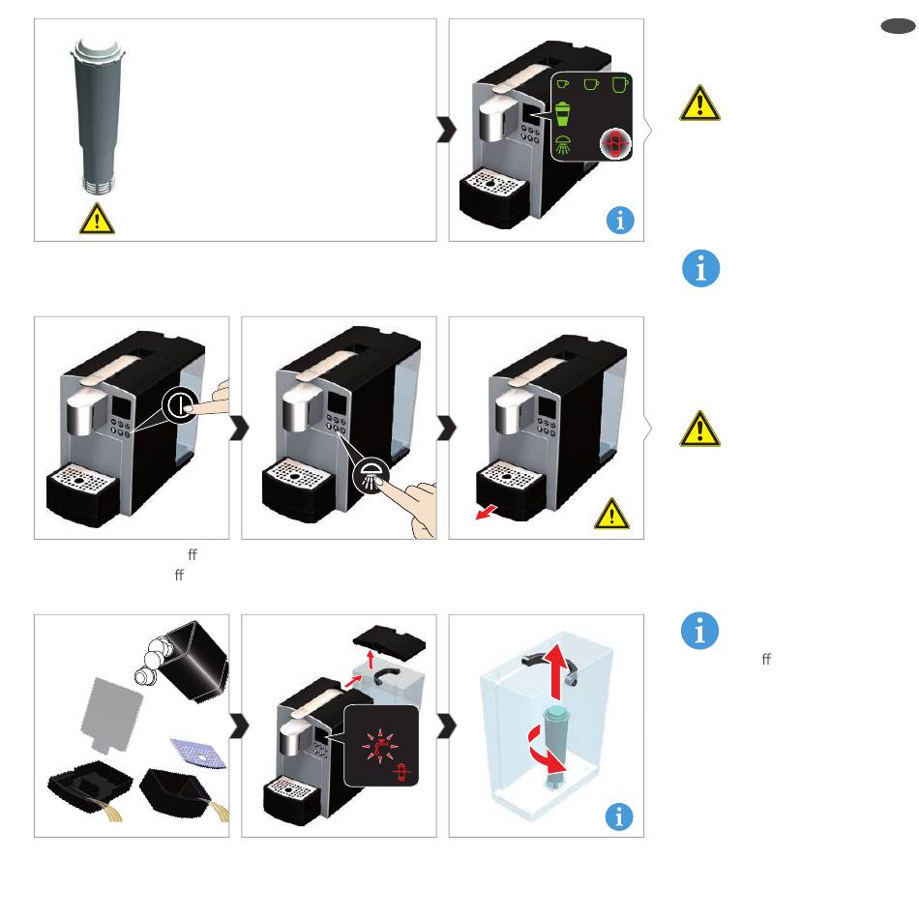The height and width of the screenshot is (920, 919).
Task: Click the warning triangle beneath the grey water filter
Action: pos(97,219)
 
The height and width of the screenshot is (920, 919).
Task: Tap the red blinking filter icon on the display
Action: pos(614,143)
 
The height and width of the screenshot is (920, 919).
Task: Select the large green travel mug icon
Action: pos(562,113)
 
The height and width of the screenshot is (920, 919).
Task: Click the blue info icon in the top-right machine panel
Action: pos(620,221)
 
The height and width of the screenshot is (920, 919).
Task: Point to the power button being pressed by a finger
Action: pos(181,404)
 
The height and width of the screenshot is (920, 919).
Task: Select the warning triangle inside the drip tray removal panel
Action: pos(611,514)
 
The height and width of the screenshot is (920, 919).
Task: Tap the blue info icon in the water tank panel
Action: pos(619,816)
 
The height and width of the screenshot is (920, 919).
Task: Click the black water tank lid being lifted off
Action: pos(389,640)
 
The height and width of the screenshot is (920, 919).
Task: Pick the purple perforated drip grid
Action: pos(198,754)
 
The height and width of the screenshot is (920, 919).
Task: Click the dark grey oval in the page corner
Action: pos(898,26)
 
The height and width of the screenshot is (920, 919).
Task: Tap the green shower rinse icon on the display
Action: pos(562,145)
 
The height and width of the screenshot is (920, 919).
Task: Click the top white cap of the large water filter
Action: pos(100,48)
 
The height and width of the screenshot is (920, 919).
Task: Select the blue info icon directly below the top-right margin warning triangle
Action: pos(700,269)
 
